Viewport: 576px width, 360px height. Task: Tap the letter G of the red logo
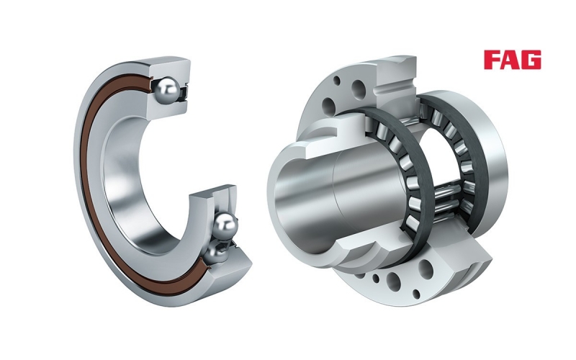531,60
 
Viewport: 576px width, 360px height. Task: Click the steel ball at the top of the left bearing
168,89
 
